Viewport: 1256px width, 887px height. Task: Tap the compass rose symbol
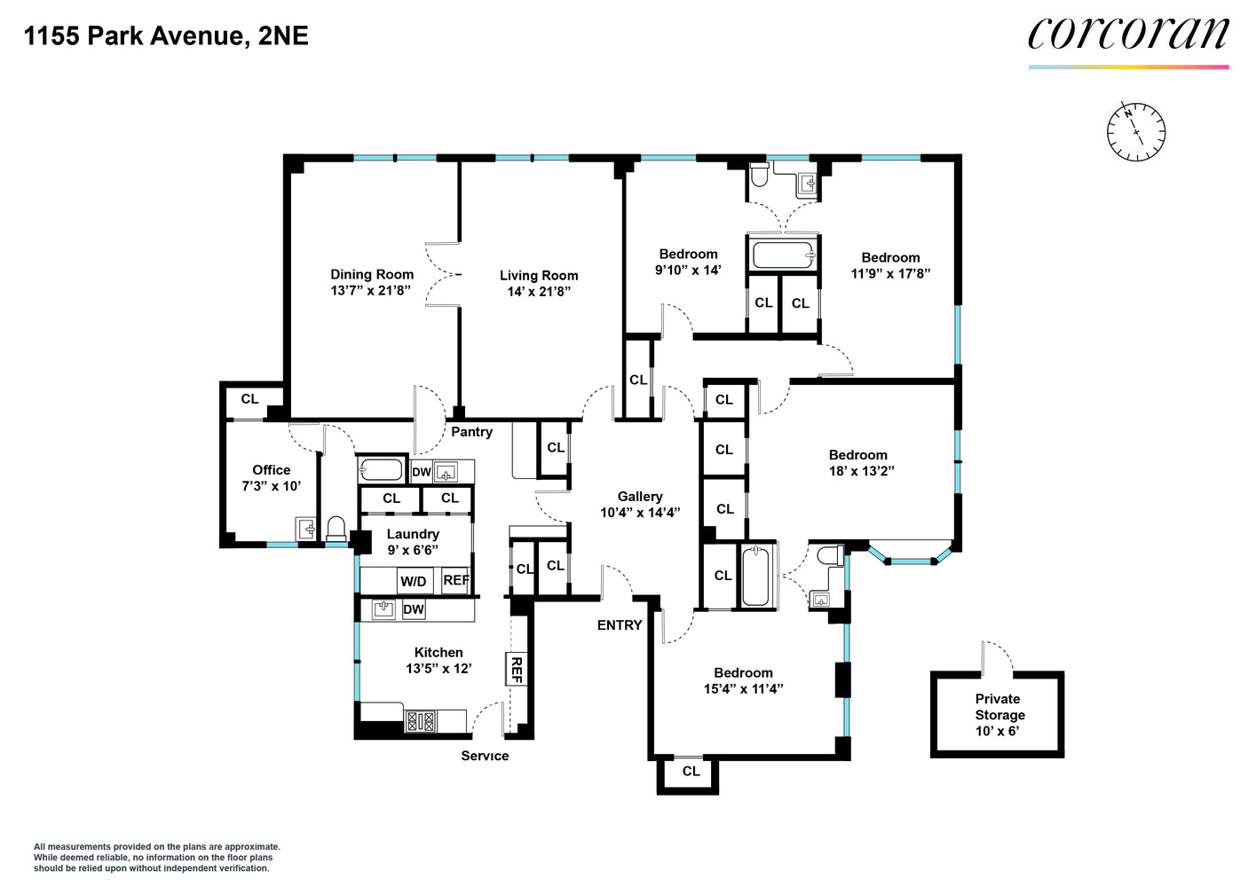(1136, 132)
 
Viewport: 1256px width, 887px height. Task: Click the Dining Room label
(372, 274)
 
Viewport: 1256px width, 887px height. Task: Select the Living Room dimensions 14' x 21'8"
(539, 292)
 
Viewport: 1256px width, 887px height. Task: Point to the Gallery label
(640, 497)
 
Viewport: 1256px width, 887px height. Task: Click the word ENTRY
(620, 625)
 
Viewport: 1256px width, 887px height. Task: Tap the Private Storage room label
(999, 707)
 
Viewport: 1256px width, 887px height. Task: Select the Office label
(271, 470)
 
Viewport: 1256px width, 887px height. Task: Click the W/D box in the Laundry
(414, 582)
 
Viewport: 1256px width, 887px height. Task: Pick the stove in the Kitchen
(421, 721)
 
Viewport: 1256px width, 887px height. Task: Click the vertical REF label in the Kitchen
(516, 669)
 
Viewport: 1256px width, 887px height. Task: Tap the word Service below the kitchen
(485, 756)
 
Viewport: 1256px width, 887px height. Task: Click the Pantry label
(471, 432)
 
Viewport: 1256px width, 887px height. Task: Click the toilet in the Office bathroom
(336, 529)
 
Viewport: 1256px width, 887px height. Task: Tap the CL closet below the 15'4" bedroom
(691, 772)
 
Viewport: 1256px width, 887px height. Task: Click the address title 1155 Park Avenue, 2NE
(166, 35)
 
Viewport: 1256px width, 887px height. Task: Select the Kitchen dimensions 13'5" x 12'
(438, 669)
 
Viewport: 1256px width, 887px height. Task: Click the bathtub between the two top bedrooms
(783, 255)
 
